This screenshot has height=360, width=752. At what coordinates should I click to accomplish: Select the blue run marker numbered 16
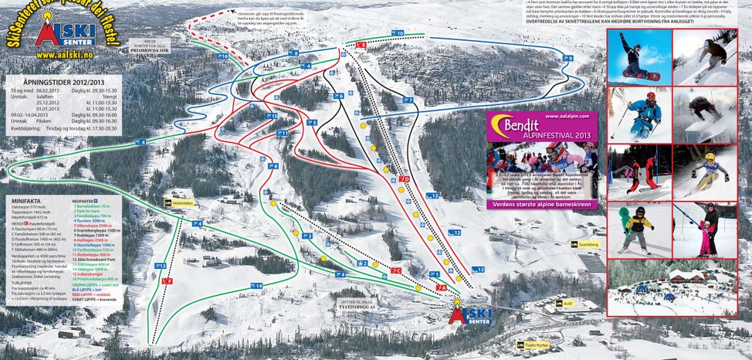tap(222, 56)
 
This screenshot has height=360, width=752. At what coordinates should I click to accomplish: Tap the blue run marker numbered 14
tap(256, 286)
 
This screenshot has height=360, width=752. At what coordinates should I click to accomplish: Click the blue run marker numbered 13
tap(160, 266)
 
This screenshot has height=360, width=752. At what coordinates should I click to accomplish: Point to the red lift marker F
tap(167, 281)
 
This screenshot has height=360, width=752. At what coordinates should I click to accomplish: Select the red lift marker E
tap(361, 46)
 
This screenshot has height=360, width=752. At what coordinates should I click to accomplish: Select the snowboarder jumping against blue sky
tap(638, 58)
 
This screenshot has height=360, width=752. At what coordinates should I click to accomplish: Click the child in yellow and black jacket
tap(638, 227)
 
